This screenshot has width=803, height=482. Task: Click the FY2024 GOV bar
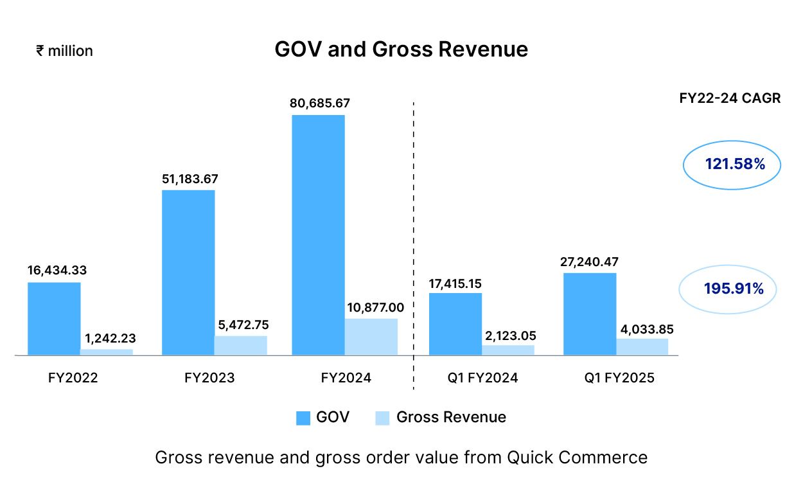coord(318,235)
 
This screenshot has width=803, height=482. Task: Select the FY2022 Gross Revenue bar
coord(107,352)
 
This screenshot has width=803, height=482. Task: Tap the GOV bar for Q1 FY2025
coord(590,314)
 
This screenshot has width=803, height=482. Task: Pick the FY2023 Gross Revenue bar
coord(241,345)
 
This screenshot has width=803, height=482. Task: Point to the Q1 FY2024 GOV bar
coord(455,324)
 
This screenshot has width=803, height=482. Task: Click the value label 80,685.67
coord(320,103)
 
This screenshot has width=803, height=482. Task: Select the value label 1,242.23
coord(110,338)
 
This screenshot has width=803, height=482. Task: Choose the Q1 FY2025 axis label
coord(619,378)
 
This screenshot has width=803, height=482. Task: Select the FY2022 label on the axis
coord(73,378)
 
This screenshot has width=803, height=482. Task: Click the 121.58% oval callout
coord(731,165)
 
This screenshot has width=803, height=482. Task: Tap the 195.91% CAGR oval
coord(728,289)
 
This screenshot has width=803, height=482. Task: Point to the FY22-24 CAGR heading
coord(730,99)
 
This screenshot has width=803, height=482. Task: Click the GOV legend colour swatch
coord(303,418)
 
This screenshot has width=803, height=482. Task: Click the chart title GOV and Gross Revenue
coord(401,49)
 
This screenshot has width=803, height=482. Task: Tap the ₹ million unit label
coord(64,51)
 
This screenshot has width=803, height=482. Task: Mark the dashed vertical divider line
coord(413,244)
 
